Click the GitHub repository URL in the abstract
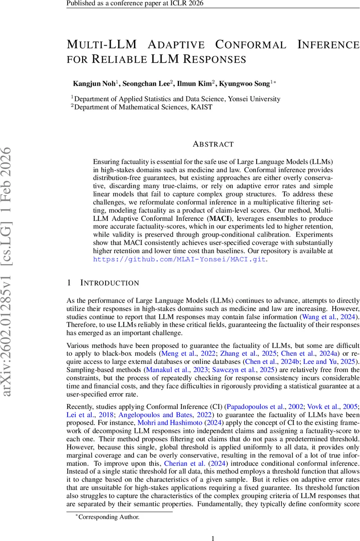coord(180,259)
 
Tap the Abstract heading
coord(213,144)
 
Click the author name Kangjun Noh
coord(94,83)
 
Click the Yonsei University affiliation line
coord(177,99)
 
